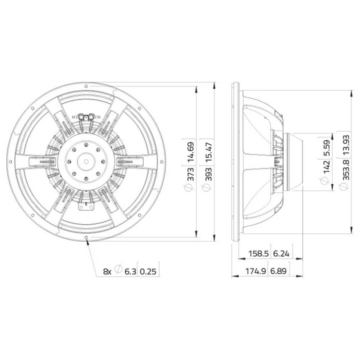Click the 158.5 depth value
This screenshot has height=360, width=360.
[x=258, y=253]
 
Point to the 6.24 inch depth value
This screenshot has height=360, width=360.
[x=282, y=253]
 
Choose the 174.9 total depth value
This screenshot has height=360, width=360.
[x=256, y=271]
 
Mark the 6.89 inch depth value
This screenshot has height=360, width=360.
[x=279, y=271]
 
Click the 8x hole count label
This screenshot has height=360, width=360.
[x=107, y=271]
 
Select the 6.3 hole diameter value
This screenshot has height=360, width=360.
[x=130, y=271]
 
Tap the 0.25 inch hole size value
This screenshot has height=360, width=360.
[x=148, y=271]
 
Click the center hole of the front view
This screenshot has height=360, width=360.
[x=86, y=161]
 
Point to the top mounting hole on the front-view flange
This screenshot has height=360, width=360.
[x=86, y=86]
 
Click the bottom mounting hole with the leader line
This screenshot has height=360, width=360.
[x=86, y=237]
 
